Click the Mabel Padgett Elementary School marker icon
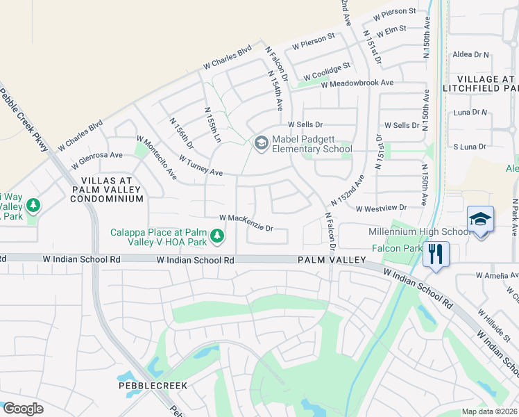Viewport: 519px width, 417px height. click(x=261, y=143)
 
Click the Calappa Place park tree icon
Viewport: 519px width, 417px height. click(x=217, y=236)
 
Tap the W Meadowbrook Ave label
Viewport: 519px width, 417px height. click(x=357, y=83)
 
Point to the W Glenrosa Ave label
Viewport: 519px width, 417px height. click(x=97, y=156)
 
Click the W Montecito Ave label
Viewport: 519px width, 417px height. click(x=156, y=158)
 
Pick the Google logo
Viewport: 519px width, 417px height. click(x=23, y=409)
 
